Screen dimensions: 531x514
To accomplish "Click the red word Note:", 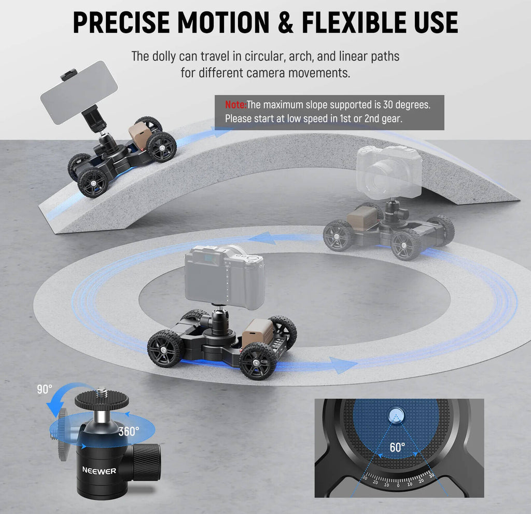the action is (x=236, y=105).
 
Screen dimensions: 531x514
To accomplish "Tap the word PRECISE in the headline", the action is (x=121, y=23).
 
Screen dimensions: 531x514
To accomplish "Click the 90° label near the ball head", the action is (x=45, y=389).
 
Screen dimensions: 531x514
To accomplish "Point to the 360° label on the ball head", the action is (x=129, y=431).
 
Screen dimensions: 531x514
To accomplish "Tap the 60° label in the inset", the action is (x=397, y=448).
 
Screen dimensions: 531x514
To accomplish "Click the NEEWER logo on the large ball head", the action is (x=99, y=470).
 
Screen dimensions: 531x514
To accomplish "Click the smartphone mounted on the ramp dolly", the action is (x=79, y=92).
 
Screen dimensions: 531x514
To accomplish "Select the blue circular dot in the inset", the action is (x=395, y=416).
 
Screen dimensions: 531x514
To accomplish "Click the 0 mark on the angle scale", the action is (x=398, y=485).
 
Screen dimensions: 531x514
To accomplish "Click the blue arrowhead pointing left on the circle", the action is (x=263, y=238).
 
